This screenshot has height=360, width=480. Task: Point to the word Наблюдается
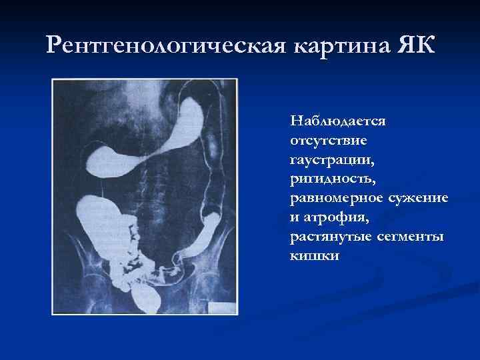[x=339, y=122]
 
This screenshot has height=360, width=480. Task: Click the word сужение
[x=417, y=199]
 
